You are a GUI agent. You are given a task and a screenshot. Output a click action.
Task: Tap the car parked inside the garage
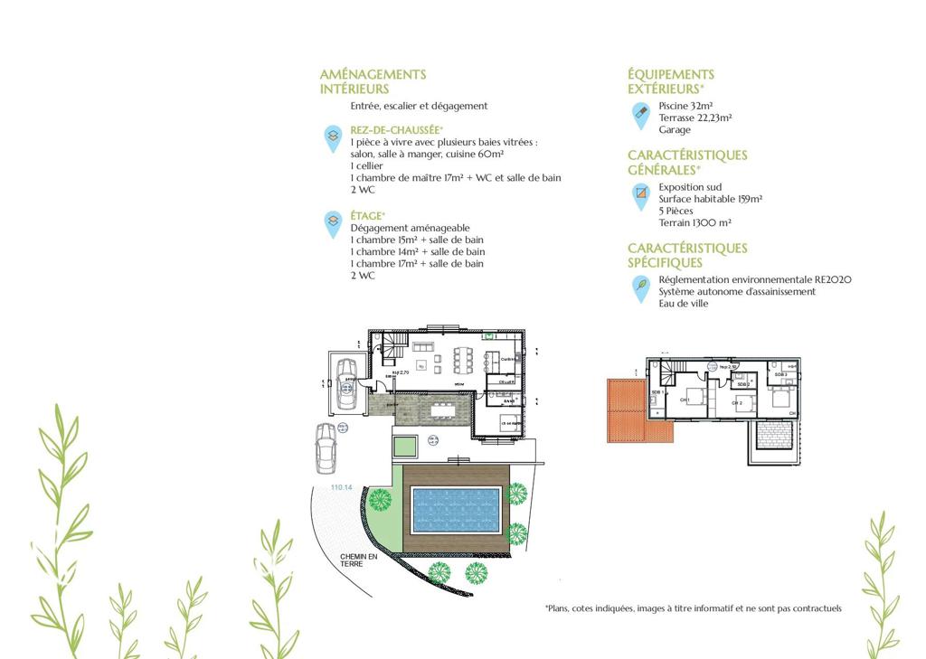pyautogui.click(x=345, y=380)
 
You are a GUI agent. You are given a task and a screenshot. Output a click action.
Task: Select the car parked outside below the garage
pyautogui.click(x=326, y=447)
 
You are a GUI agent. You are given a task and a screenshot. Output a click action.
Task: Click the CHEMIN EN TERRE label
pyautogui.click(x=358, y=560)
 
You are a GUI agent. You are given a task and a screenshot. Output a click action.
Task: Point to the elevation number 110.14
pyautogui.click(x=343, y=487)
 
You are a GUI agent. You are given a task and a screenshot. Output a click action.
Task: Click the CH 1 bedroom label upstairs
pyautogui.click(x=685, y=400)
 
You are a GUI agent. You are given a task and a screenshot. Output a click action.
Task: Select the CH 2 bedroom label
pyautogui.click(x=737, y=402)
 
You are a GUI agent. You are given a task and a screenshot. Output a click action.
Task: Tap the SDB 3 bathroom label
pyautogui.click(x=780, y=374)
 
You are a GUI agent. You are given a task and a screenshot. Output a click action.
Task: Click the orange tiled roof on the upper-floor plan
pyautogui.click(x=626, y=410)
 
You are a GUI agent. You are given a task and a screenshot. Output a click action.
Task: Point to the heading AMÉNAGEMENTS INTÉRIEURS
pyautogui.click(x=373, y=81)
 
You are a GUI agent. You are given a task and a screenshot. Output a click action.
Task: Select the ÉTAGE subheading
pyautogui.click(x=368, y=215)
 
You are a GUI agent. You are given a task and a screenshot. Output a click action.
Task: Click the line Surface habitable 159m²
pyautogui.click(x=710, y=199)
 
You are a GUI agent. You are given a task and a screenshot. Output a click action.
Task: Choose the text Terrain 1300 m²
pyautogui.click(x=694, y=222)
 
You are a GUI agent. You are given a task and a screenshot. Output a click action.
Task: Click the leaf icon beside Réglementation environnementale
pyautogui.click(x=640, y=287)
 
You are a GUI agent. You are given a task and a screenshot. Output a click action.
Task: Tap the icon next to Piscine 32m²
pyautogui.click(x=640, y=113)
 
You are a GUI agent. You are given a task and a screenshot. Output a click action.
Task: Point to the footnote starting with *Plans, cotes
pyautogui.click(x=693, y=608)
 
